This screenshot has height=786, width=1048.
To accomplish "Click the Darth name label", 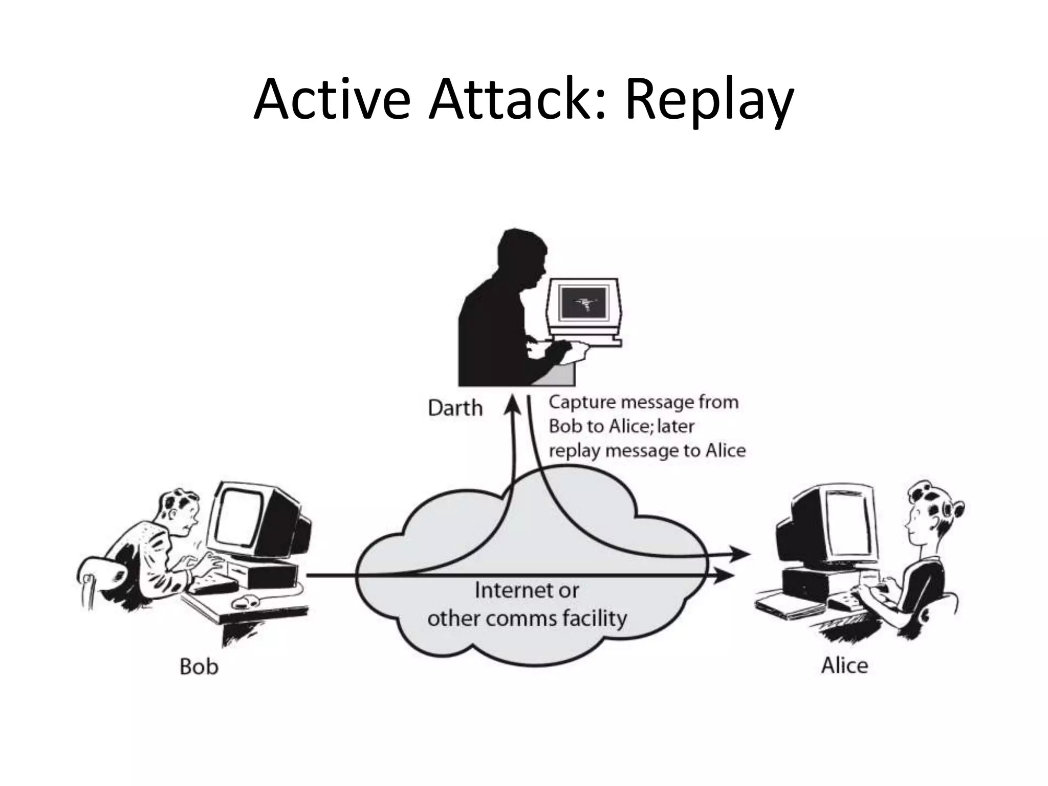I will (455, 408).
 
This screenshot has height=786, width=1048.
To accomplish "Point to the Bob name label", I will (199, 667).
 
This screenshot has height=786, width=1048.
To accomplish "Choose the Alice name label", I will (844, 666).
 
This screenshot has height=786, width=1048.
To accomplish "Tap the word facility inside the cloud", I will (594, 618).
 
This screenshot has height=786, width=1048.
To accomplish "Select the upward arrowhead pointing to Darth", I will (512, 404).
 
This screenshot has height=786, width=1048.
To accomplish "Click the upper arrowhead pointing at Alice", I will (739, 554).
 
